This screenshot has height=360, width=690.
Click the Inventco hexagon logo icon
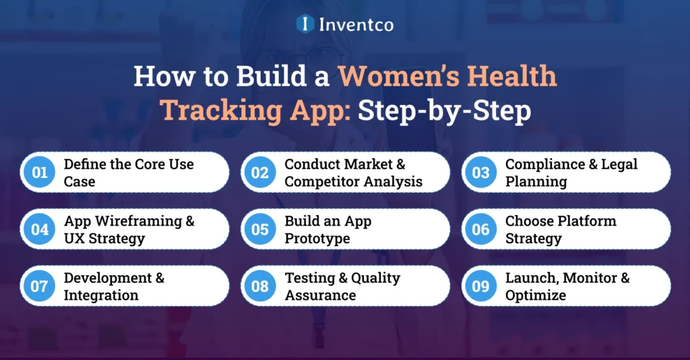(305, 24)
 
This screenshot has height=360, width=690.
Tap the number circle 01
(40, 173)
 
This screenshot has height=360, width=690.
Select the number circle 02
(260, 173)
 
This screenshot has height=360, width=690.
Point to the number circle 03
(480, 173)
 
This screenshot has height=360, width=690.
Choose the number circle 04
(40, 229)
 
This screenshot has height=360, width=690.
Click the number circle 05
(260, 229)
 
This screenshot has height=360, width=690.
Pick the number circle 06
(480, 229)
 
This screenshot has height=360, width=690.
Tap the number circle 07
(40, 286)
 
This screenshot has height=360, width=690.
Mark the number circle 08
(260, 286)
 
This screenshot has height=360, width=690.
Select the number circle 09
(480, 286)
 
